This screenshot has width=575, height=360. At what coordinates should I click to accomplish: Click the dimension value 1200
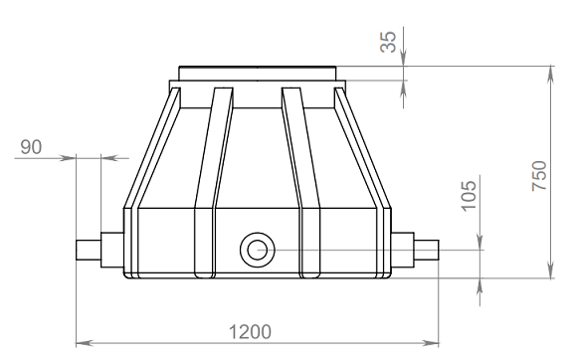[x=250, y=332]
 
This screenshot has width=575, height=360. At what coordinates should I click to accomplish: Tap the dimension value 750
[x=539, y=175]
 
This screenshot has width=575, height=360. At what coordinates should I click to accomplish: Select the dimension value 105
[x=469, y=196]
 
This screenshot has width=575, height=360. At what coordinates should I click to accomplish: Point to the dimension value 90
[x=31, y=147]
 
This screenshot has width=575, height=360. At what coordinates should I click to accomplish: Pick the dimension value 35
[x=388, y=42]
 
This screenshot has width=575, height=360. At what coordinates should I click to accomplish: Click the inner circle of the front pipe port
[x=257, y=250]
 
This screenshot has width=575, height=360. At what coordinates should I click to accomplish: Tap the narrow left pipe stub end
[x=89, y=250]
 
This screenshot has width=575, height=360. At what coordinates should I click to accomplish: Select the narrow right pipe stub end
[x=427, y=250]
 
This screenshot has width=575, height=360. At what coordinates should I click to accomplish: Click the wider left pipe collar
[x=112, y=250]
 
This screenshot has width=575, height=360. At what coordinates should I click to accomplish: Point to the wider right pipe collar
[x=402, y=250]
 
